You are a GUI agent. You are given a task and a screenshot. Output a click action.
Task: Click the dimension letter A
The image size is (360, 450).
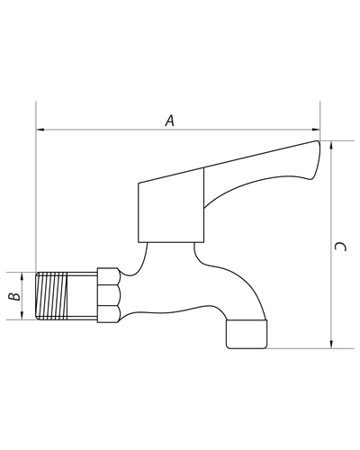[x=170, y=121]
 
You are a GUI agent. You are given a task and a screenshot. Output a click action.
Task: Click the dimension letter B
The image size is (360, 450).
[x=14, y=296]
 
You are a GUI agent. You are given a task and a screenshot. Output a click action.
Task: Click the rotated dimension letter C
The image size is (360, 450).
[x=340, y=247]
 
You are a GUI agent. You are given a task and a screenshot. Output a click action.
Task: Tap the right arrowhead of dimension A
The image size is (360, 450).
[x=316, y=130]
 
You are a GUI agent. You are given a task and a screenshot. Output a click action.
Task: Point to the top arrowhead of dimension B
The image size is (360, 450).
[x=22, y=276]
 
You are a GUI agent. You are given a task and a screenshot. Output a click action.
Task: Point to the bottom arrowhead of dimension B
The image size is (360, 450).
[x=22, y=315]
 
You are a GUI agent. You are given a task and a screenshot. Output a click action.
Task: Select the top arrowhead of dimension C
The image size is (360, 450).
[x=331, y=145]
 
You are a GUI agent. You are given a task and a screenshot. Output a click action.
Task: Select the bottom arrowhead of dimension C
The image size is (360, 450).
[x=331, y=344]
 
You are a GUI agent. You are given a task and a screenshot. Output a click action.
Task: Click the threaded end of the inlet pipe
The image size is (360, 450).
[x=51, y=296]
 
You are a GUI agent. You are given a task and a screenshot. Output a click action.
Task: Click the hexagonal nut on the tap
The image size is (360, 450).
[x=108, y=295]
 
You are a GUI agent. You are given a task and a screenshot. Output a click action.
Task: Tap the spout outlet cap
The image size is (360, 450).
[x=247, y=334]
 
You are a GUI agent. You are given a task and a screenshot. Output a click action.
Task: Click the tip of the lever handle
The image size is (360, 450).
[x=318, y=142]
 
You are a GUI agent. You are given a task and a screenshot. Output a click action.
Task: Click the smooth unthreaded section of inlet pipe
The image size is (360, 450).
[x=82, y=296]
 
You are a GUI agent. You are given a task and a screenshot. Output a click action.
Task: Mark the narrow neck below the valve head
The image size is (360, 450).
[x=170, y=255]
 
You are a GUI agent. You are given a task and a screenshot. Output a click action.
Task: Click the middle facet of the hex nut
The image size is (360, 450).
[x=108, y=295]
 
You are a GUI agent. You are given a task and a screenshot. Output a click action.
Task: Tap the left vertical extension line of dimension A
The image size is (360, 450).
[x=36, y=186]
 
